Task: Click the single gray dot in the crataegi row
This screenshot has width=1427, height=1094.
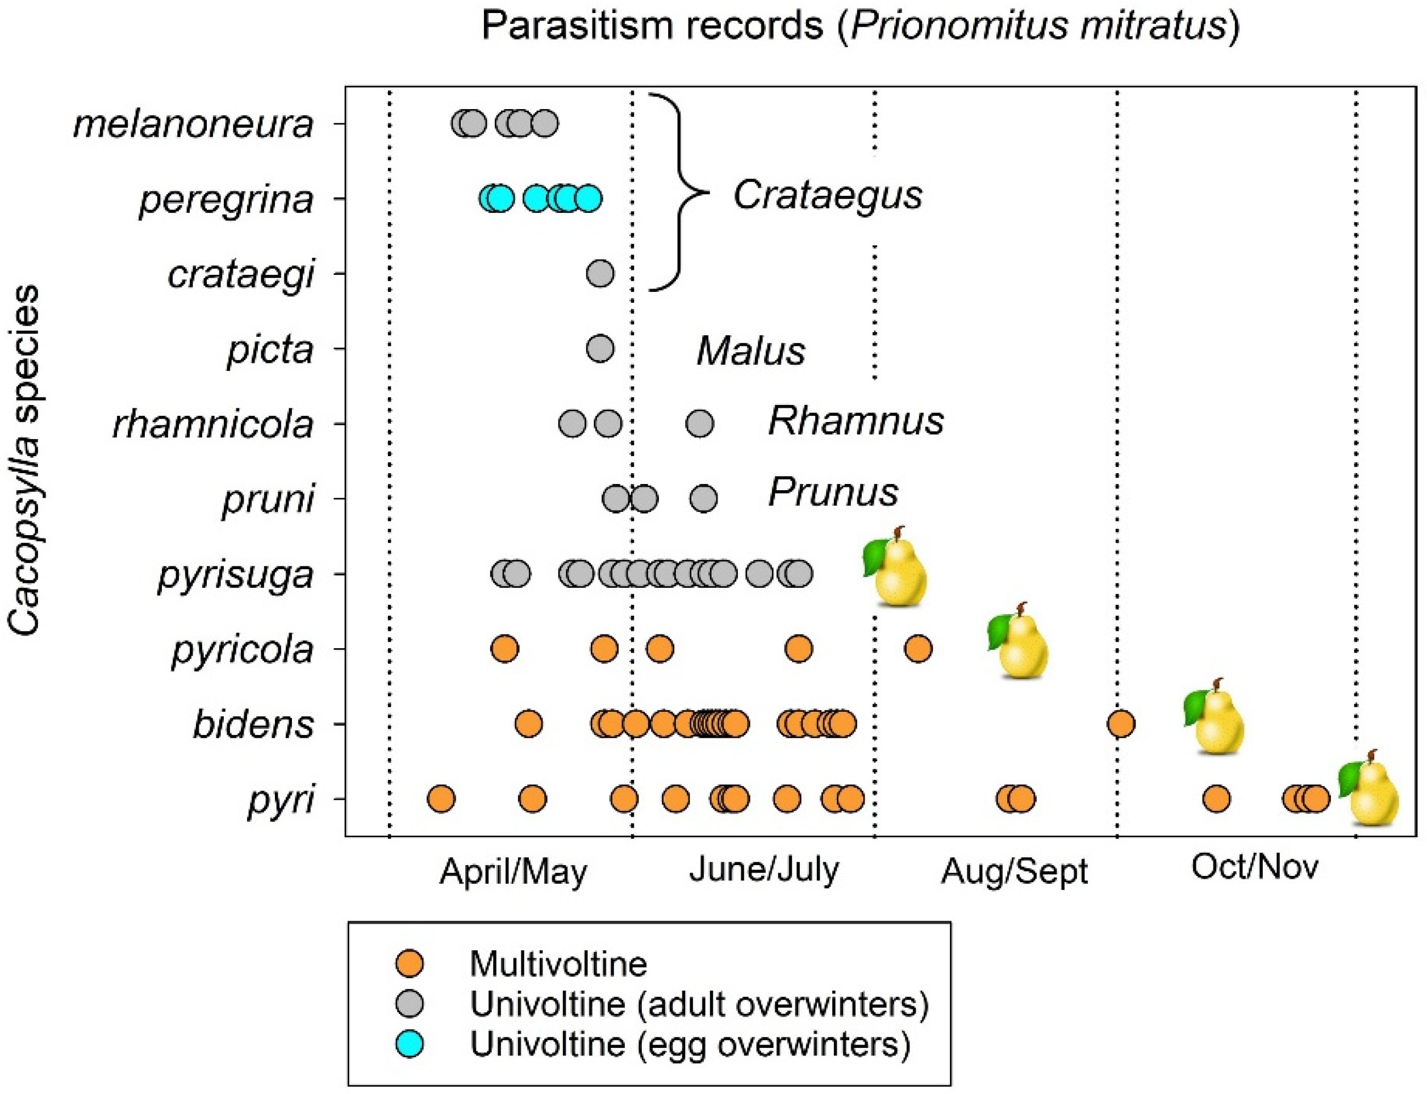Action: click(599, 274)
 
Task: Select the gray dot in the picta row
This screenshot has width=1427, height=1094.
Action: click(600, 348)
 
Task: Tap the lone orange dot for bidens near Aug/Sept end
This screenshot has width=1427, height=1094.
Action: click(1121, 724)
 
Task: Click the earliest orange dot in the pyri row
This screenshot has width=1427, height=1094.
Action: click(441, 799)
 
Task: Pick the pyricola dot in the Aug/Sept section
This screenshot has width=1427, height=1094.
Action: click(917, 649)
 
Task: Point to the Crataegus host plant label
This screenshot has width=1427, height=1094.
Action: click(828, 194)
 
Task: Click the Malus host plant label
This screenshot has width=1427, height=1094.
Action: click(750, 351)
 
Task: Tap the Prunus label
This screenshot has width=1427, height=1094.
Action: click(833, 492)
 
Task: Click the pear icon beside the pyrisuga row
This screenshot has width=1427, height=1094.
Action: click(895, 566)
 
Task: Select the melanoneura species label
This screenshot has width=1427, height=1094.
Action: click(194, 124)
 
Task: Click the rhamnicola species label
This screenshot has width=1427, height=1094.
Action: click(213, 424)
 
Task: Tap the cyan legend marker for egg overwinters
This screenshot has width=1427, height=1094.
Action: click(410, 1044)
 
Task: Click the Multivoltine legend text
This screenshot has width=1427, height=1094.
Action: click(558, 964)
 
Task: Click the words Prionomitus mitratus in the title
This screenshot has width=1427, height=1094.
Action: click(1039, 26)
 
